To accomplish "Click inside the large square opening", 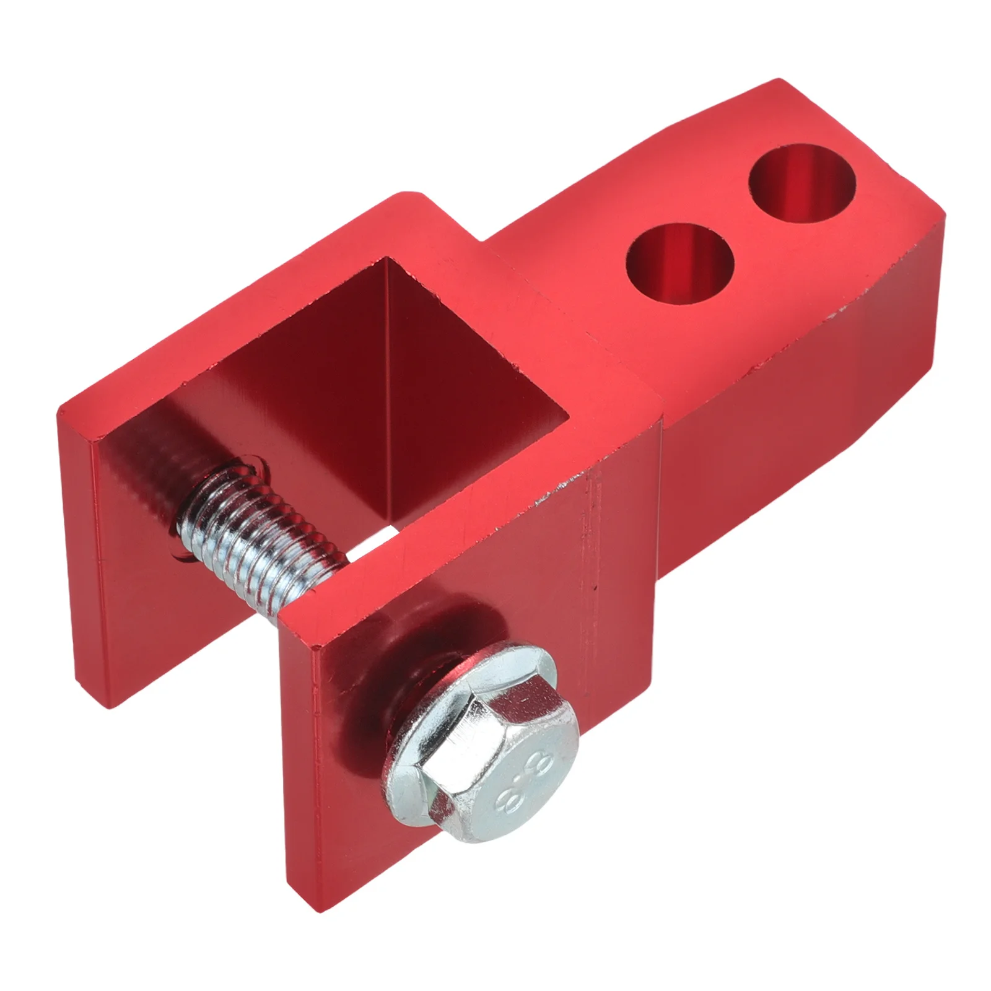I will click(396, 372).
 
